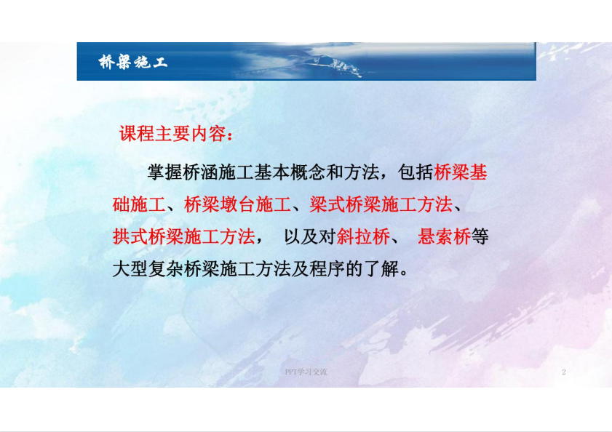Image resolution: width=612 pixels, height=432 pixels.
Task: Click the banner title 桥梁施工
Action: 132,62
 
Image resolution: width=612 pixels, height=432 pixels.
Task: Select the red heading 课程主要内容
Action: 172,134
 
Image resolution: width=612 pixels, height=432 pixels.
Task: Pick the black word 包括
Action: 416,172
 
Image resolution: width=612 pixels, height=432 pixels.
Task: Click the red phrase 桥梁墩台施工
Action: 237,204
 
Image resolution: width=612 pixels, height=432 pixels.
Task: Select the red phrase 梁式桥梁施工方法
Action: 381,204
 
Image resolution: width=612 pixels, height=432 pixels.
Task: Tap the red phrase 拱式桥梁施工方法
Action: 184,237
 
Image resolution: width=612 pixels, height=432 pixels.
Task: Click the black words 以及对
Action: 310,237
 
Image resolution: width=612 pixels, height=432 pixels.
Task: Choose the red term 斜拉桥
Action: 363,237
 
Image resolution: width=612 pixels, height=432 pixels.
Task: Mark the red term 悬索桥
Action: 444,237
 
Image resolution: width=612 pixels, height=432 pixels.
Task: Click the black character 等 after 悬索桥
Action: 480,237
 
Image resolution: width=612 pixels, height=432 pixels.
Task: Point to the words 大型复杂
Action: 148,269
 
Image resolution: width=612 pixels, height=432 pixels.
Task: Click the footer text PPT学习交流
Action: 306,372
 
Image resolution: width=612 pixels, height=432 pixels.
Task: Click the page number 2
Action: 563,372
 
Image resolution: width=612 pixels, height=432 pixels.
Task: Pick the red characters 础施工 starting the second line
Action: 139,204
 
